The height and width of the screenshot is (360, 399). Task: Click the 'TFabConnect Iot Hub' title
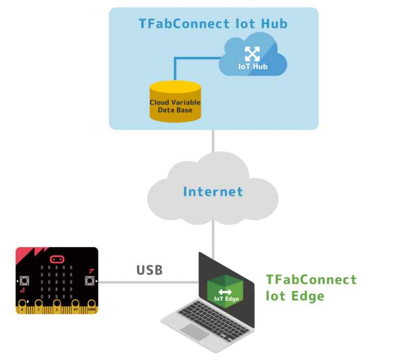click(x=213, y=24)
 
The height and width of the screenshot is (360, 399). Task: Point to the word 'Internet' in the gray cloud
click(x=213, y=192)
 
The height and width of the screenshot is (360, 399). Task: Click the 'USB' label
click(x=149, y=270)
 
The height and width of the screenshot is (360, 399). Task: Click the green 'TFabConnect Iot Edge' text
click(x=311, y=288)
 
